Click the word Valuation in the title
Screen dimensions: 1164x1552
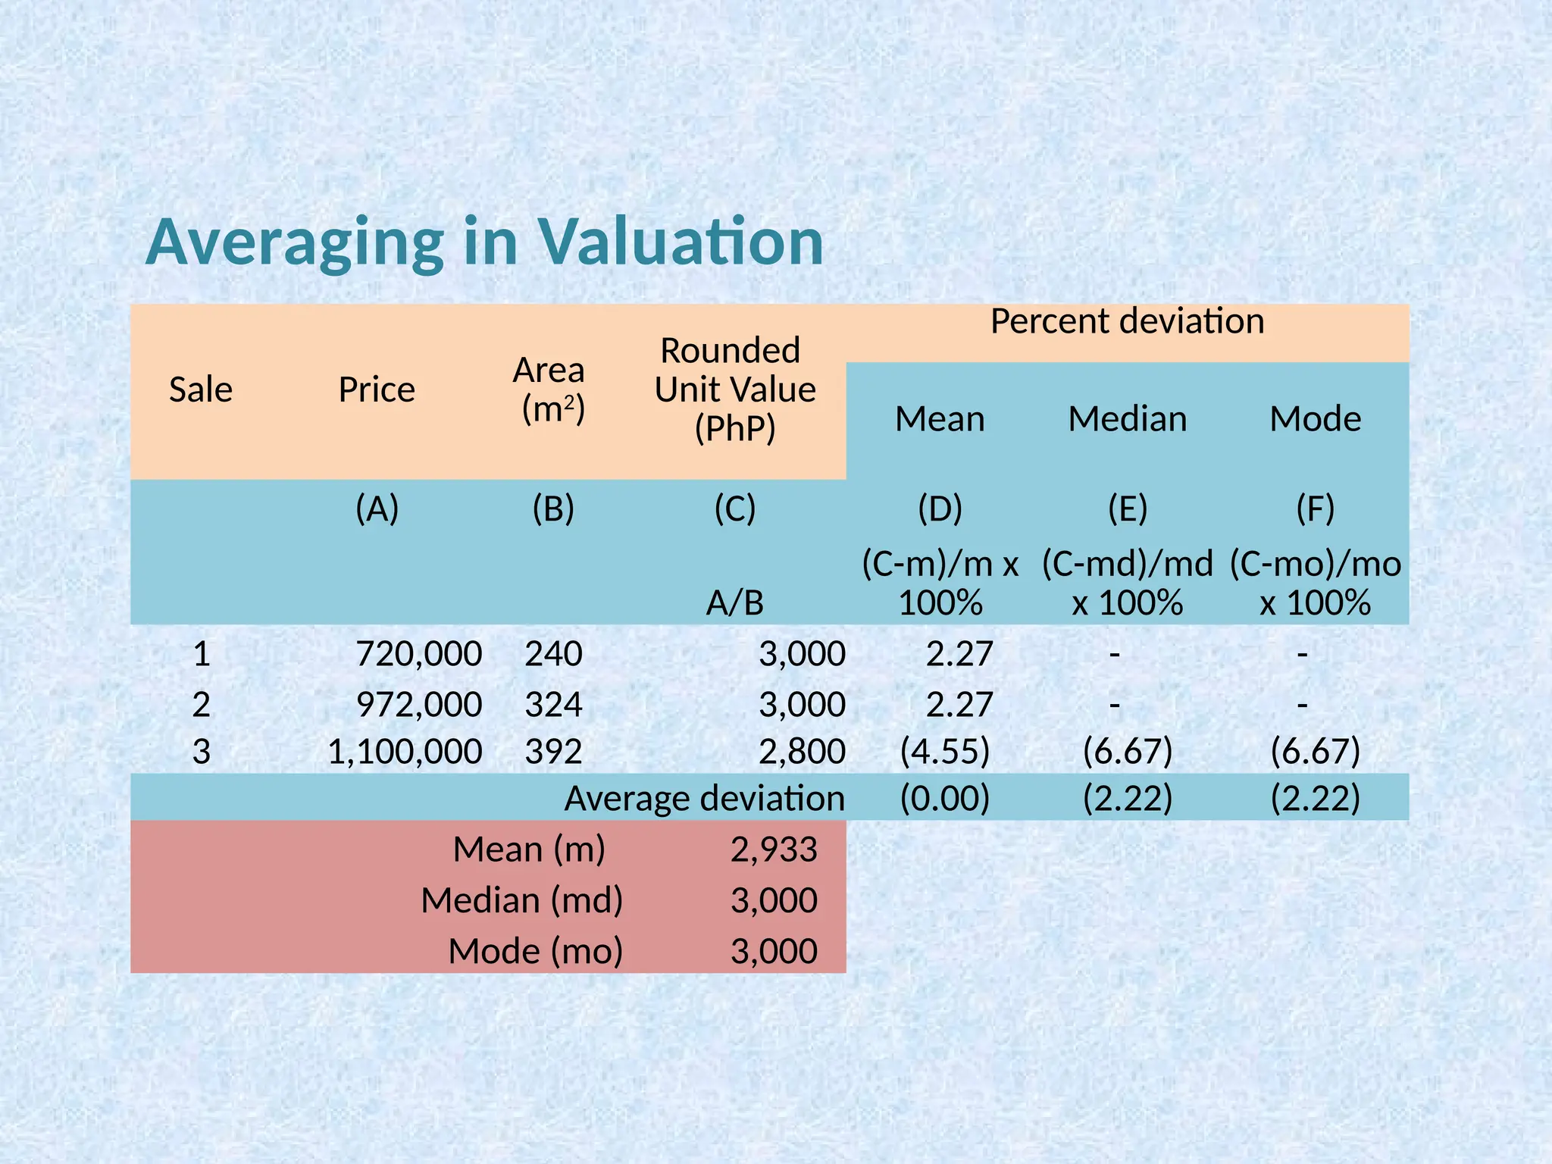tap(680, 242)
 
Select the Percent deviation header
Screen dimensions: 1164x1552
tap(1127, 321)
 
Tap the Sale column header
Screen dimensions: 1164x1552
tap(200, 390)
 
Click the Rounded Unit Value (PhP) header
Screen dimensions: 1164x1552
tap(734, 390)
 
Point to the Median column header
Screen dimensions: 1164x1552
tap(1127, 419)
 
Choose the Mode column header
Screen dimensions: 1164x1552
tap(1315, 419)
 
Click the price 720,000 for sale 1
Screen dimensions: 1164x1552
tap(418, 653)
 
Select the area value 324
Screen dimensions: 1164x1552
tap(553, 705)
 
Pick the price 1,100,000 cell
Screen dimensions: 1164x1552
tap(405, 752)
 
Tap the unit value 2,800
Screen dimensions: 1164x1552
tap(802, 752)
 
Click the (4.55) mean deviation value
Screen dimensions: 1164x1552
tap(944, 752)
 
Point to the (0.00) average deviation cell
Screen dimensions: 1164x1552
tap(944, 799)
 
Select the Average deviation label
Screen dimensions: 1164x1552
tap(704, 799)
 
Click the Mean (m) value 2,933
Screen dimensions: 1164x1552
tap(774, 850)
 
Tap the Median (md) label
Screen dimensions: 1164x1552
tap(521, 900)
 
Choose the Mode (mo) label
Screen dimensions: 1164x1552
tap(535, 951)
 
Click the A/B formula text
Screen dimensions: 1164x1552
tap(734, 603)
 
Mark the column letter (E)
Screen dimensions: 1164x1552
tap(1127, 508)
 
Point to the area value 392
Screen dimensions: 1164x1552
tap(553, 752)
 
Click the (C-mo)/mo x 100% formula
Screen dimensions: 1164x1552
tap(1315, 584)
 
